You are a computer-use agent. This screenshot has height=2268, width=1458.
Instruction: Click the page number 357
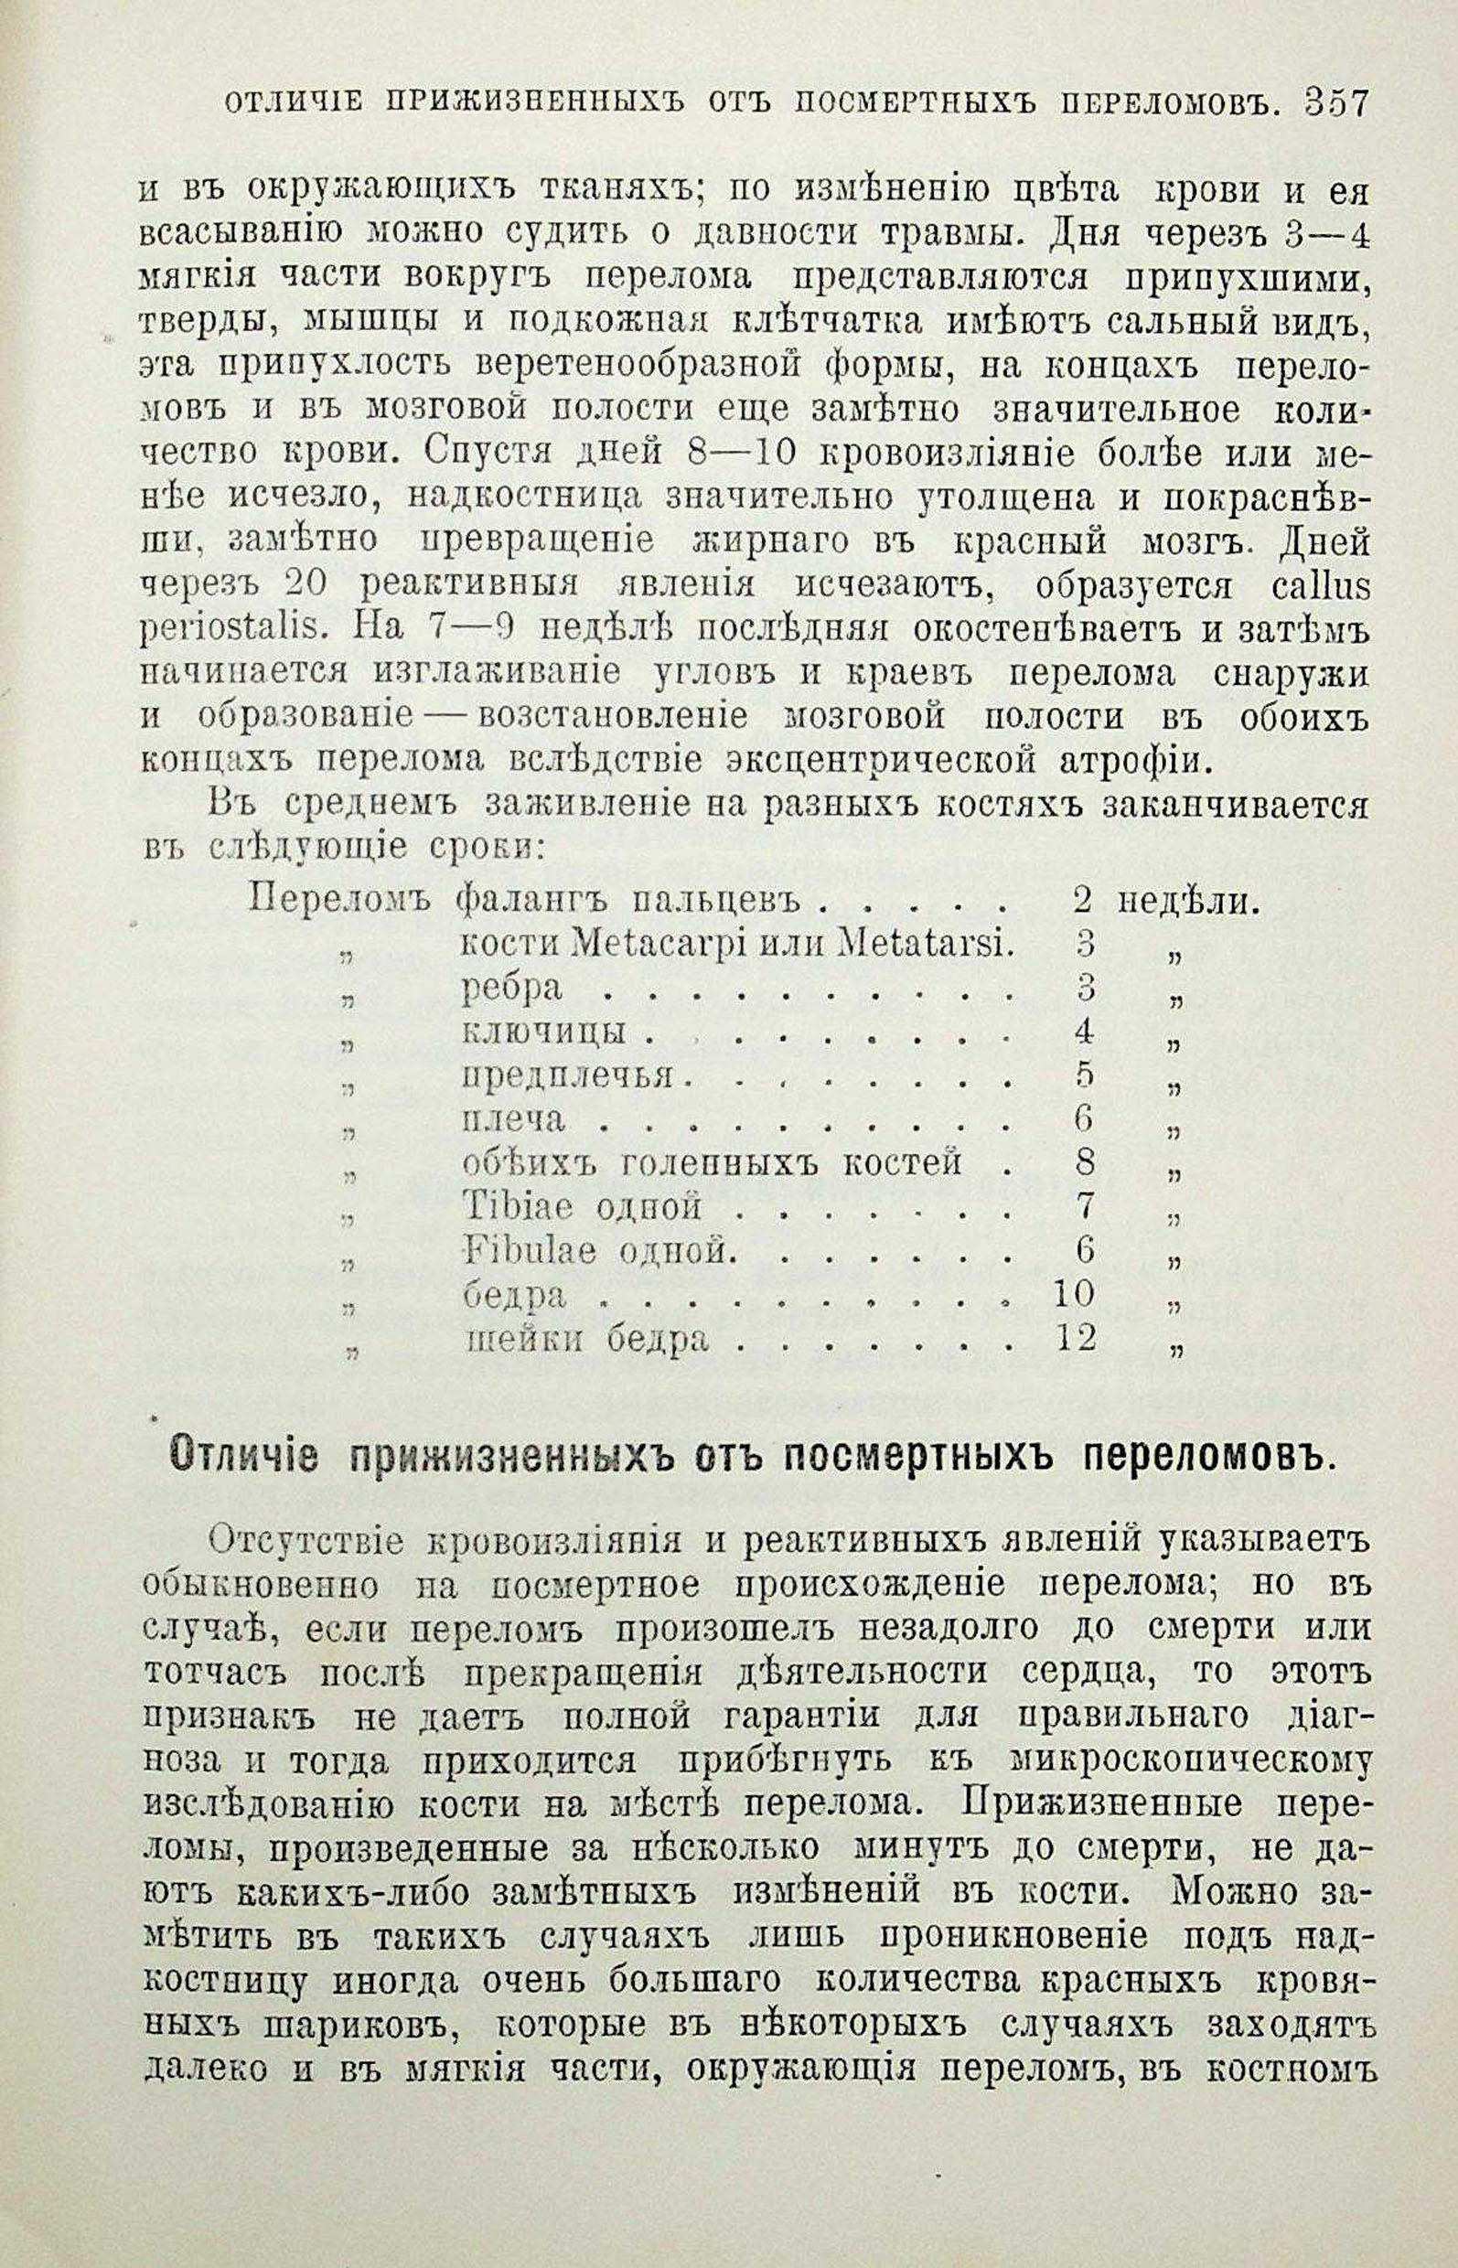1335,102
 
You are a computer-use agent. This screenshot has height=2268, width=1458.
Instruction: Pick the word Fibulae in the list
531,1251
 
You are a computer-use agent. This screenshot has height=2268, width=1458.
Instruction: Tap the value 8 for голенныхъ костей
1085,1161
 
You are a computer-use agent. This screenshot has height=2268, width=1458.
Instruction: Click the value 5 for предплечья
1085,1075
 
